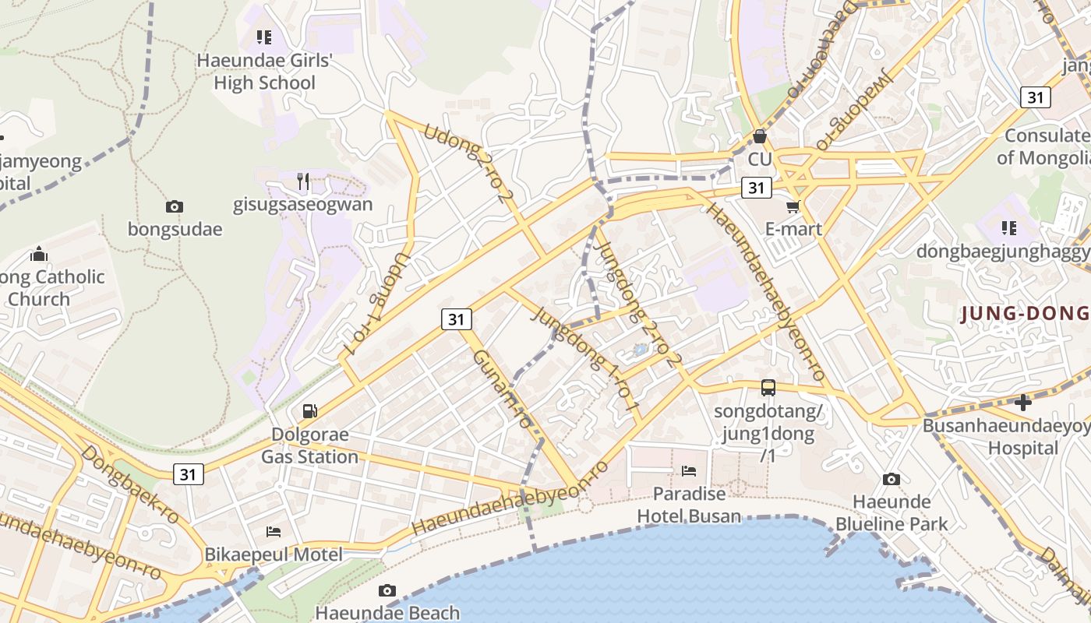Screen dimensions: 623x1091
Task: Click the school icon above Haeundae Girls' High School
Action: [264, 37]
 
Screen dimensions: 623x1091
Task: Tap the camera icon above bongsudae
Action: [175, 206]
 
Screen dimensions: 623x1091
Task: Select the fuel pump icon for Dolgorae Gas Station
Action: [309, 410]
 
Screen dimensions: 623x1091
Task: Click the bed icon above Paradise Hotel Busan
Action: [689, 470]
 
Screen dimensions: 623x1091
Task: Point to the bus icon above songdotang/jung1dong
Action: [768, 387]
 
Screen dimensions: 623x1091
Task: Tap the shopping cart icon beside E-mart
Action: [793, 206]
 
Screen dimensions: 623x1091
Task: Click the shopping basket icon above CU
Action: [759, 136]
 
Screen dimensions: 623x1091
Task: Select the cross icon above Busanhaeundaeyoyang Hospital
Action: [1023, 403]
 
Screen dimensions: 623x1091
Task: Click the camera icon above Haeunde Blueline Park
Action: [892, 479]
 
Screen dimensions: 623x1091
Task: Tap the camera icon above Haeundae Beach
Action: [387, 590]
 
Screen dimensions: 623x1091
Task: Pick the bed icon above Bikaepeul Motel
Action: [274, 531]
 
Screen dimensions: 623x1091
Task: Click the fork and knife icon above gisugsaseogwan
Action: [303, 181]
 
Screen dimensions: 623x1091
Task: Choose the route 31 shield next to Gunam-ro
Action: [457, 319]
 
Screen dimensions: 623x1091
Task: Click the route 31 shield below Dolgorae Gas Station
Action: [189, 473]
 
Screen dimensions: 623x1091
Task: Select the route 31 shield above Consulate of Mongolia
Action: [1036, 97]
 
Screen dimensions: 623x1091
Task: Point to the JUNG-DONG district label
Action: [1025, 314]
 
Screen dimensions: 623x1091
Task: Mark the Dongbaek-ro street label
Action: [129, 484]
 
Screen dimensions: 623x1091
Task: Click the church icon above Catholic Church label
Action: [39, 254]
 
